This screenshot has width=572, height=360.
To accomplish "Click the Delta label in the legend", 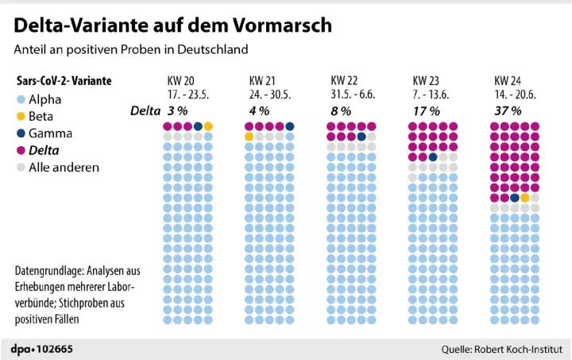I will [x=44, y=150].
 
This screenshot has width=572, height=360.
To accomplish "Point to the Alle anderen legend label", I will [x=64, y=167].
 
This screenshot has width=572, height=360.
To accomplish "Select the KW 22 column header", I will [x=342, y=81].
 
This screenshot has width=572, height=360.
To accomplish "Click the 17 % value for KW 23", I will [x=427, y=110].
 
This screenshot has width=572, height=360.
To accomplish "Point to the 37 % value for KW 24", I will [x=508, y=110].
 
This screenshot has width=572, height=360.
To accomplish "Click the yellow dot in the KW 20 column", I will [x=208, y=126].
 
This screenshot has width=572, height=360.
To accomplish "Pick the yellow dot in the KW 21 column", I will [x=249, y=137].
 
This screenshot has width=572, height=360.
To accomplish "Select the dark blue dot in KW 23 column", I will [x=433, y=157].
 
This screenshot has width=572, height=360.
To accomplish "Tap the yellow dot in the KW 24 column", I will [x=524, y=197].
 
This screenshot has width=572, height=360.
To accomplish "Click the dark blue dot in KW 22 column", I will [x=361, y=137].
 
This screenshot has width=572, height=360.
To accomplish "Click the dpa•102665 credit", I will [x=41, y=349].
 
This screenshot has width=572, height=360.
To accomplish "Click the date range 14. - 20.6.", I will [x=515, y=93].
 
